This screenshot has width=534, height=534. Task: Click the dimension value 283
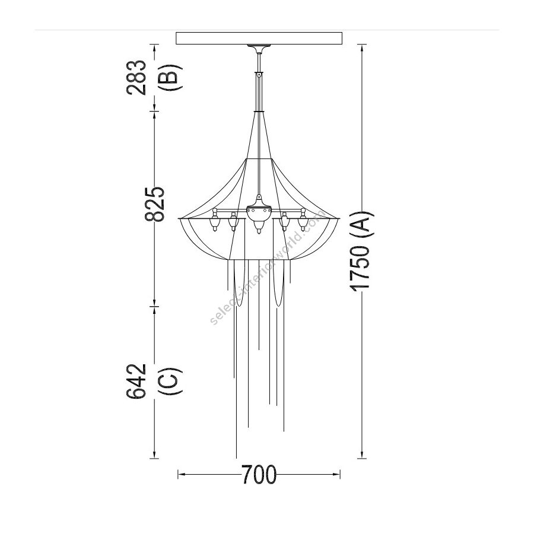pyautogui.click(x=136, y=77)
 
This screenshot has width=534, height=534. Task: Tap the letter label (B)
pyautogui.click(x=170, y=77)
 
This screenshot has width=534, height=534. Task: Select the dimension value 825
pyautogui.click(x=155, y=204)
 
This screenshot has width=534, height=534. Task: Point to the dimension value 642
pyautogui.click(x=136, y=381)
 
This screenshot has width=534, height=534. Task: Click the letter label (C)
pyautogui.click(x=170, y=381)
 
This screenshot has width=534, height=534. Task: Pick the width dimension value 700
pyautogui.click(x=259, y=475)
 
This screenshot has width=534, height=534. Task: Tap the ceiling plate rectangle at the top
pyautogui.click(x=259, y=38)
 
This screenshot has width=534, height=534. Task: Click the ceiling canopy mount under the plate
pyautogui.click(x=259, y=49)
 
